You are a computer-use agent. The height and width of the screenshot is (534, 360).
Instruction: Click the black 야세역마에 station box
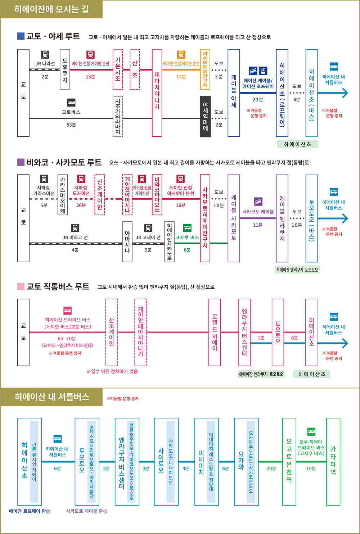coord(205,116)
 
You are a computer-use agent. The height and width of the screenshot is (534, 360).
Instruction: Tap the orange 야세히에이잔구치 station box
coord(205,69)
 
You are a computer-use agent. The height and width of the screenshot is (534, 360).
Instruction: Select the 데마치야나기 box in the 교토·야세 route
coord(157,93)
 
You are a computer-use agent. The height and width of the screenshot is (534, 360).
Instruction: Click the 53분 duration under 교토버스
coord(71,125)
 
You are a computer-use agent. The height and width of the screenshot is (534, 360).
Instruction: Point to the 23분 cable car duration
coord(258,99)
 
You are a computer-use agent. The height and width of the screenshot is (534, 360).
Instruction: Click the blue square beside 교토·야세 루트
coord(21,36)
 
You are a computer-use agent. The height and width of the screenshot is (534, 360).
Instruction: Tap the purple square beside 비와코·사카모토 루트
coord(21,162)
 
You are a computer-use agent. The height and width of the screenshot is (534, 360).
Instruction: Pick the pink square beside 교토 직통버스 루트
coord(21,286)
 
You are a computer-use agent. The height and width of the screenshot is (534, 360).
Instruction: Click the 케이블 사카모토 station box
coord(234,218)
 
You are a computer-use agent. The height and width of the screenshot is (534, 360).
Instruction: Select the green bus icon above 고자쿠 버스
coord(187,228)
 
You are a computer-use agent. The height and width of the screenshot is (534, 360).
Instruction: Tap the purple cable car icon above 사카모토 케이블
coord(258,202)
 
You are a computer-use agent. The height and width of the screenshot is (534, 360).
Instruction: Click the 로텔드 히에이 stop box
coord(215,332)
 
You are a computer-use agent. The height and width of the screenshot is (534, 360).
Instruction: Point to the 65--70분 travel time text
coord(67,339)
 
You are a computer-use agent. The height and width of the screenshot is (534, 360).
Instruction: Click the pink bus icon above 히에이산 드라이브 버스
coord(68,311)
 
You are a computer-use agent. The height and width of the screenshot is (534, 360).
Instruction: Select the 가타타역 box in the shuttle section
coord(333,462)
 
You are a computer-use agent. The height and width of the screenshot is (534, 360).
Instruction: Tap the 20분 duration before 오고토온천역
coord(271,469)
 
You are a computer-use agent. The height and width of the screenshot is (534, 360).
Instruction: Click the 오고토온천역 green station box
coord(289,462)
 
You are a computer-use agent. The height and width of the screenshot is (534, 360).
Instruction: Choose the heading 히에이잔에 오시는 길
coord(51,9)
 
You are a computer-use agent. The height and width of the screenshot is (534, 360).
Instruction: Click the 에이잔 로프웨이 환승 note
coord(30,511)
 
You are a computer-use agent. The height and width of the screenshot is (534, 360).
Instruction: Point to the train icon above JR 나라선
coord(45,55)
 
